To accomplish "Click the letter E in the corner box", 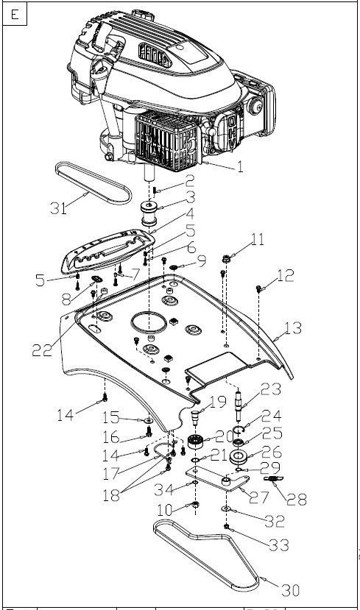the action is coord(15,15).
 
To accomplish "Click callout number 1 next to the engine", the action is coord(240,167).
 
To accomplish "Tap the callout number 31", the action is coord(58,208).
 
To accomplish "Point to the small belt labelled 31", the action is coord(93,182).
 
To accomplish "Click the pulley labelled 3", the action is coord(149,213).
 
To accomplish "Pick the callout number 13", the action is coord(293,328).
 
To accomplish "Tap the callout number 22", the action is coord(42,350).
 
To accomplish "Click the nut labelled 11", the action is coord(226,258).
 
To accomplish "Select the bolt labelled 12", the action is coord(258,289).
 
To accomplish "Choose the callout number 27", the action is coord(259,497).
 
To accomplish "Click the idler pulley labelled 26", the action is coord(239,457).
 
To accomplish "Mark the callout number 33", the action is coord(280,545).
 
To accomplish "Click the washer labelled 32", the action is coord(225,509).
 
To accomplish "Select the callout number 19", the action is coord(218,402).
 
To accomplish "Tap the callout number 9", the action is coord(202,261).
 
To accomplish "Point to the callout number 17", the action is coord(110,473).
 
